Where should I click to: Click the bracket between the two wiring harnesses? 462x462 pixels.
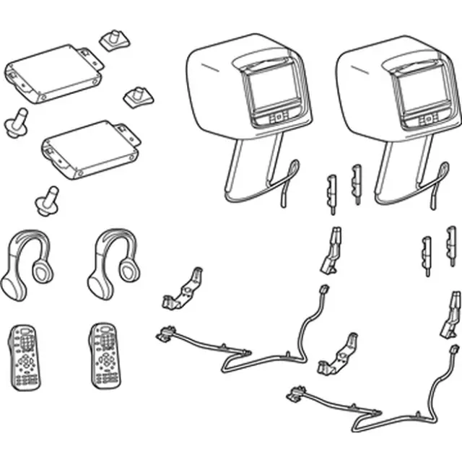340,354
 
